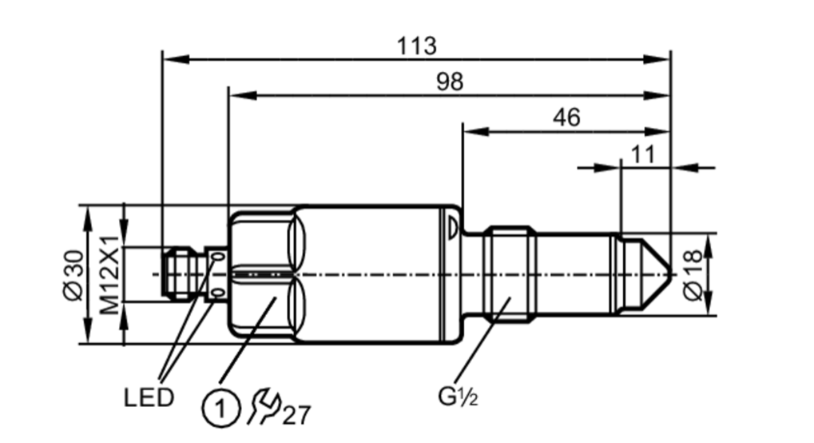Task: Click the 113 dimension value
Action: (417, 46)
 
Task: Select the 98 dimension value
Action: (450, 82)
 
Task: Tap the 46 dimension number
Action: (566, 118)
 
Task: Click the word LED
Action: (149, 397)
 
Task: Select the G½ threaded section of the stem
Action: (509, 274)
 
